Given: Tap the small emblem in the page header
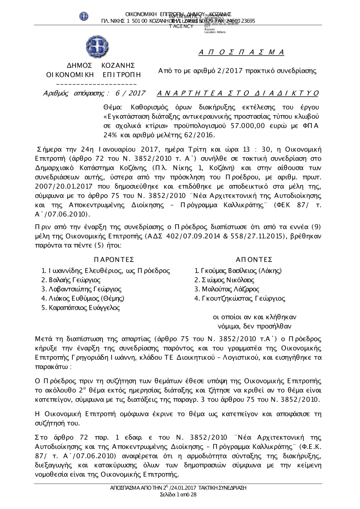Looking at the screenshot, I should click(x=84, y=16).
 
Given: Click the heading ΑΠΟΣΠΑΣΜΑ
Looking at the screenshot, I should click(x=242, y=53).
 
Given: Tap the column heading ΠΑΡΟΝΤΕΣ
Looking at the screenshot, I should click(x=114, y=260).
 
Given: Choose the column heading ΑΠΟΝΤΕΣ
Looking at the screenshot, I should click(x=254, y=260).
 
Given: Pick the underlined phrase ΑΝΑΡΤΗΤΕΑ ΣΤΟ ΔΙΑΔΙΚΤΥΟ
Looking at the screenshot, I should click(x=238, y=94).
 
